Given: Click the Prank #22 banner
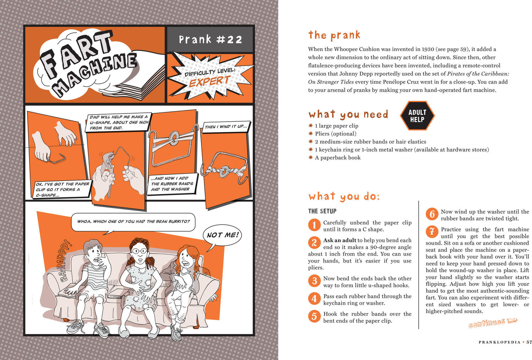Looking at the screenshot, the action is tap(210, 39).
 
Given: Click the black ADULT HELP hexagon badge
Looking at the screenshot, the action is tap(417, 116).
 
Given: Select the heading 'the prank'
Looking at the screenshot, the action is tap(334, 35).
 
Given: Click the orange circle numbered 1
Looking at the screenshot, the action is tap(314, 225).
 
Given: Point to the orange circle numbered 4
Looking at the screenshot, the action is tap(314, 299).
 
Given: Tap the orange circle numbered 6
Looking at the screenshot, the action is tap(432, 214).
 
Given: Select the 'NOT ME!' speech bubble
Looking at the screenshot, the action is tap(222, 236).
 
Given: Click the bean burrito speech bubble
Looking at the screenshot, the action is tap(133, 222).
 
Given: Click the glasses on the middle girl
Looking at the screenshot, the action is tap(139, 251).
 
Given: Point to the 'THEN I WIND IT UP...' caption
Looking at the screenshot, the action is tap(226, 127).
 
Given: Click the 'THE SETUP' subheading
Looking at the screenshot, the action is tap(322, 211).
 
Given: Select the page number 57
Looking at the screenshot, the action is tap(529, 342).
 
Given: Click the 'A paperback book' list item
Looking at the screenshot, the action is tap(338, 158).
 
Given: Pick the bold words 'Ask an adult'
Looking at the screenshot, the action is tap(340, 240).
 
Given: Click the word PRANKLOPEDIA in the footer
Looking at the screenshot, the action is tap(499, 342).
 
